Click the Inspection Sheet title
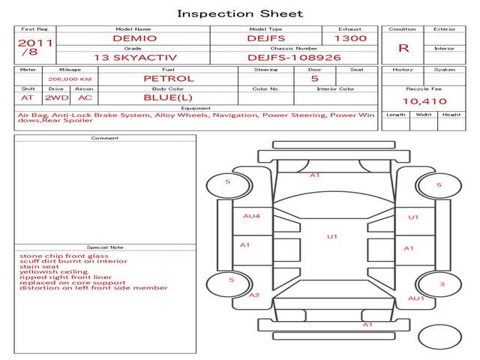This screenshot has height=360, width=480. point(240,13)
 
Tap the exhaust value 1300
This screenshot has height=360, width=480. point(350,37)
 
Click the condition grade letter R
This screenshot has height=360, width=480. point(403,48)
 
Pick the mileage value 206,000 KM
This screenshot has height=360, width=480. point(70,79)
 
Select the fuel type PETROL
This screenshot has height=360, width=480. point(169,78)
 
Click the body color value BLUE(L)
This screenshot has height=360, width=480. point(168,97)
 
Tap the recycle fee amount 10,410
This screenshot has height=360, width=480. point(424,100)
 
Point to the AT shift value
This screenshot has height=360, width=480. point(27,97)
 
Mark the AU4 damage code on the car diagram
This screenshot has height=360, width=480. point(251,216)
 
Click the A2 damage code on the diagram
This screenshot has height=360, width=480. point(255,295)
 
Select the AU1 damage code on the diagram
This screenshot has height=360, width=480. point(415,298)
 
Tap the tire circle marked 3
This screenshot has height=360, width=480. point(442,284)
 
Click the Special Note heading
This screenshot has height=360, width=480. point(105,247)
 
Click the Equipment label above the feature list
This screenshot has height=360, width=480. point(196,109)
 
